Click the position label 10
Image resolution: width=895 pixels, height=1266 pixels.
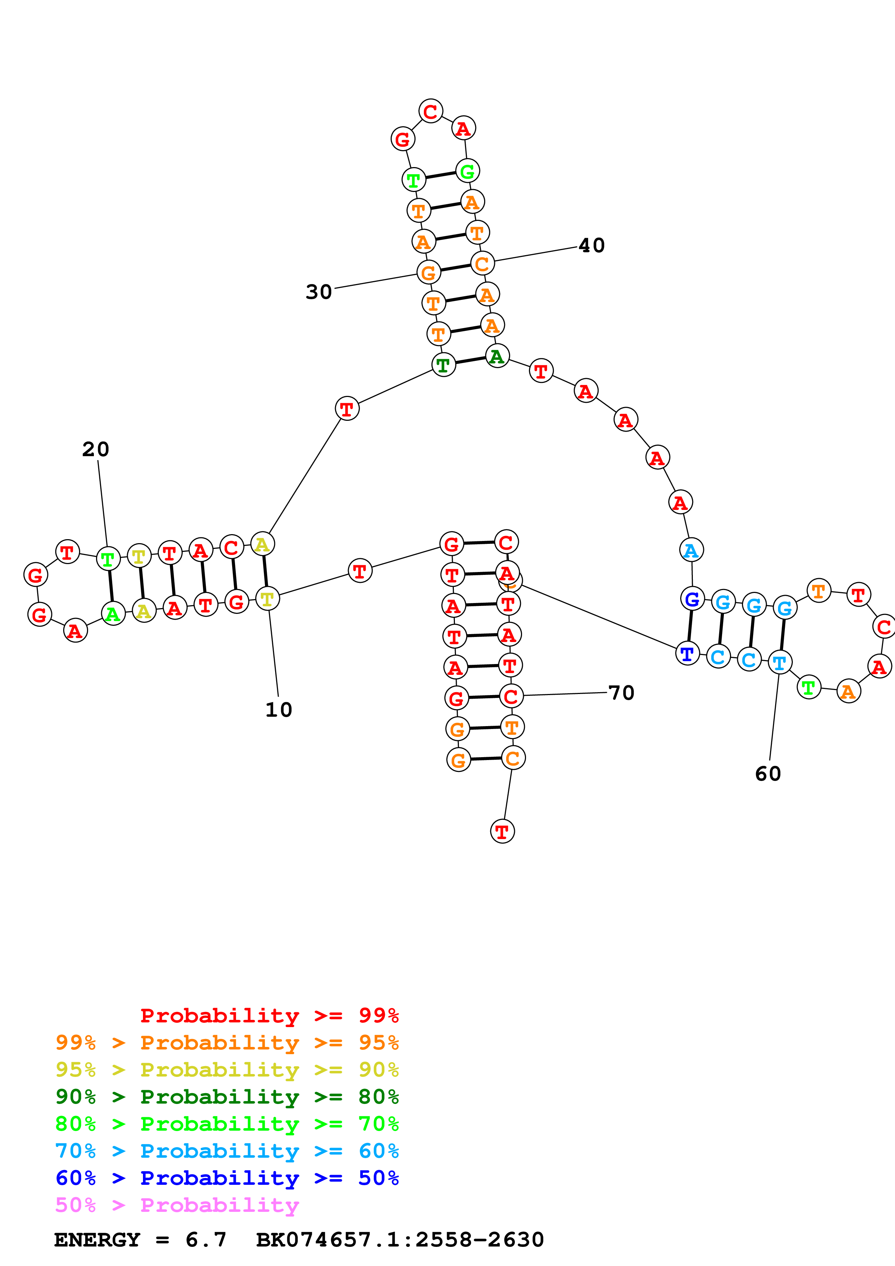[x=278, y=710]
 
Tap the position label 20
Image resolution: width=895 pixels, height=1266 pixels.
[x=96, y=449]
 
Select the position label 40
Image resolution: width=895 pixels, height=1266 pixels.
[x=592, y=245]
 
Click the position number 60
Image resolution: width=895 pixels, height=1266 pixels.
[x=768, y=774]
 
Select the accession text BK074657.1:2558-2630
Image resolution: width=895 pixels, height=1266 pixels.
[x=400, y=1240]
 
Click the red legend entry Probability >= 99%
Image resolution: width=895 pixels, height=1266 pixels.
[x=269, y=1016]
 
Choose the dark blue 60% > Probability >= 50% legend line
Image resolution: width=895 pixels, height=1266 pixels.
[x=227, y=1178]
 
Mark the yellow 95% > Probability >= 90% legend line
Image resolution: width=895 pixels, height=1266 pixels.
[x=227, y=1070]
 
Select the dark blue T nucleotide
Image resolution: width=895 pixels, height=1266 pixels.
[x=687, y=654]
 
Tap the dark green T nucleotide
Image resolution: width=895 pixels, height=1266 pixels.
[x=443, y=365]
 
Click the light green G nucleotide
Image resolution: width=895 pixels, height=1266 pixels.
[x=467, y=171]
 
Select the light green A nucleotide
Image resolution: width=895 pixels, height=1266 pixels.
[x=113, y=614]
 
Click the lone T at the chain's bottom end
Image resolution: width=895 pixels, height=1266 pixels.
[x=502, y=831]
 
